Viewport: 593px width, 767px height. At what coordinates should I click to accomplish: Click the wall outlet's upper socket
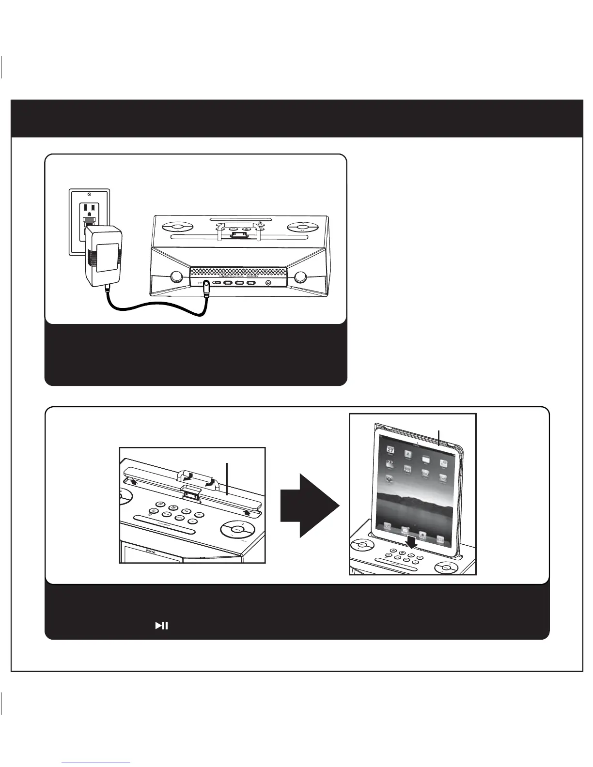89,208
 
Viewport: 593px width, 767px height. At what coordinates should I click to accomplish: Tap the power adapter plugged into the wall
103,256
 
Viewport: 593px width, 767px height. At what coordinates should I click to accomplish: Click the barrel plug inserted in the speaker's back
207,287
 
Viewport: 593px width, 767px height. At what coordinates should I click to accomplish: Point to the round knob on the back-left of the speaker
176,276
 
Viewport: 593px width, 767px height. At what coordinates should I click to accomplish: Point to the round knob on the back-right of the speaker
300,276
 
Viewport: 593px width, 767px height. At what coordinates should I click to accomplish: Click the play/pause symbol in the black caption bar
161,626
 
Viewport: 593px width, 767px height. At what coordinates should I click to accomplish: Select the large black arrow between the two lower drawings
309,506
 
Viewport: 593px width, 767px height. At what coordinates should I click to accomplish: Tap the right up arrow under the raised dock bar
249,511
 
